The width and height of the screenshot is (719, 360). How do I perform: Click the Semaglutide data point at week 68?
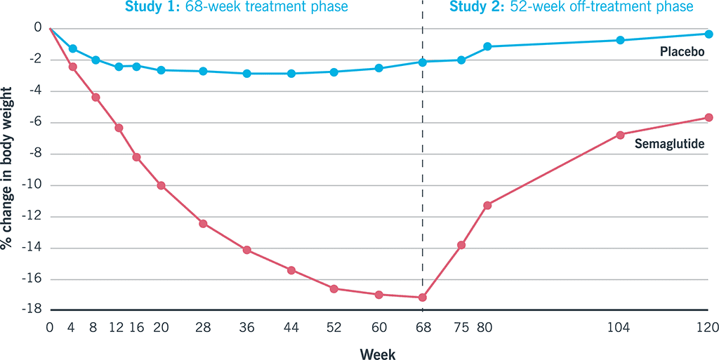(x=423, y=298)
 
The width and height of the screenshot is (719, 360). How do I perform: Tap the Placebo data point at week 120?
(x=708, y=34)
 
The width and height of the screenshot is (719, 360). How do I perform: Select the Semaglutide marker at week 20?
(x=161, y=185)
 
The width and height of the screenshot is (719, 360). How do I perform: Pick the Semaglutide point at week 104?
(x=620, y=135)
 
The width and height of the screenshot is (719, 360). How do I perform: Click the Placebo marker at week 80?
(x=487, y=46)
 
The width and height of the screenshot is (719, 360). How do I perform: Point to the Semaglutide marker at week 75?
(x=461, y=245)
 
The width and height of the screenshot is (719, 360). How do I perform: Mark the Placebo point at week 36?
(x=246, y=73)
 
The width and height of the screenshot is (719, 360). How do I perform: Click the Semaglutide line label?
(x=669, y=144)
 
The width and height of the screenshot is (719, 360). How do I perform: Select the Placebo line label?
(x=682, y=52)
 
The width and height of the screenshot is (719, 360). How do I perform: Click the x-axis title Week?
(x=378, y=354)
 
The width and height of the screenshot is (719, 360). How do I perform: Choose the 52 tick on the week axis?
(x=334, y=327)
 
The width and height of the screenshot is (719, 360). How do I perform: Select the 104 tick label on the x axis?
(x=620, y=327)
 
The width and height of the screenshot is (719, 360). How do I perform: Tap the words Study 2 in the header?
(x=474, y=8)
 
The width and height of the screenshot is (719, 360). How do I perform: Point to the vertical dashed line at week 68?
(x=423, y=175)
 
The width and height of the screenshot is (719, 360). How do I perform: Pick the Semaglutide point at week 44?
(x=291, y=270)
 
